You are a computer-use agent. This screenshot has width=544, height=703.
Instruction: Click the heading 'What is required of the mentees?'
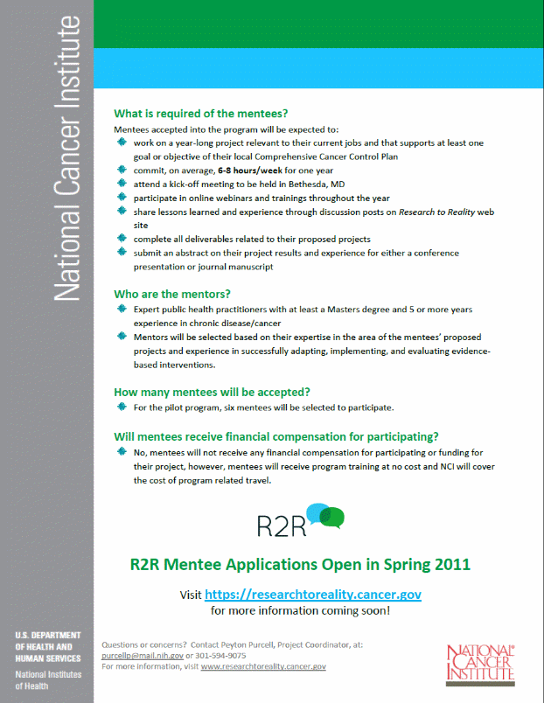[201, 114]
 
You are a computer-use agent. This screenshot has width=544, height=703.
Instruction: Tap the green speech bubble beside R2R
[333, 518]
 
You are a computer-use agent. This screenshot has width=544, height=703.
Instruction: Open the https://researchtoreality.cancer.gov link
[313, 595]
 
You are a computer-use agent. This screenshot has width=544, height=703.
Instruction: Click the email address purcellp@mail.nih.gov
[143, 655]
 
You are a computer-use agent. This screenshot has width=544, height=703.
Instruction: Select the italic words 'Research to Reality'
[436, 212]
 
